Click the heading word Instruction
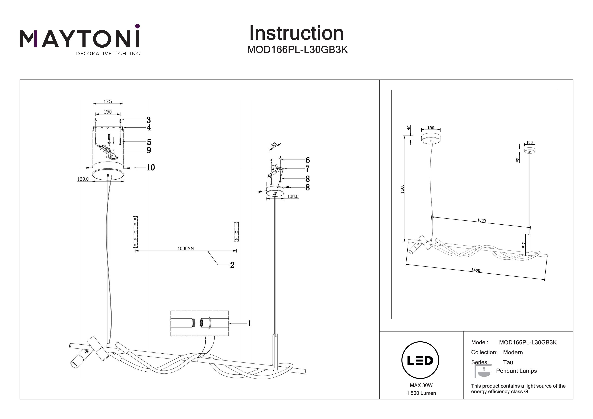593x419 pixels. tap(296, 33)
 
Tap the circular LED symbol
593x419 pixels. tap(420, 360)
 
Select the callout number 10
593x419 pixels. tap(151, 168)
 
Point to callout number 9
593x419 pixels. tap(149, 150)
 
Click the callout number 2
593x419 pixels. tap(232, 265)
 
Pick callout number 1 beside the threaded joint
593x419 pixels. tap(249, 323)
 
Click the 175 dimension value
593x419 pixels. tap(108, 102)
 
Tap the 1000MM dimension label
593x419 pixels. tap(185, 249)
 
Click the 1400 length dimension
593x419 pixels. tap(475, 270)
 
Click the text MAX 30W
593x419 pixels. tap(421, 385)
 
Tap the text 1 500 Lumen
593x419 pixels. tap(421, 393)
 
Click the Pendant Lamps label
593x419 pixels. tap(516, 371)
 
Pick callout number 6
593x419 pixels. tap(308, 160)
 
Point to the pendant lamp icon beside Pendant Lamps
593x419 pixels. tap(483, 371)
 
